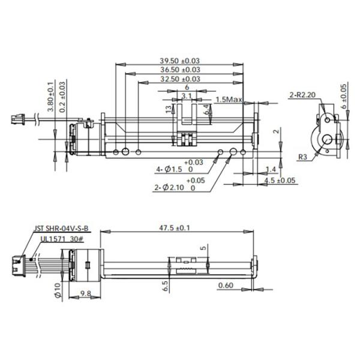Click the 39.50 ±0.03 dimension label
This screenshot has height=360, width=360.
(180, 61)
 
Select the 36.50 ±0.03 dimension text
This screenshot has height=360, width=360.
(180, 70)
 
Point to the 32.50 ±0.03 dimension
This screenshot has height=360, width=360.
(180, 79)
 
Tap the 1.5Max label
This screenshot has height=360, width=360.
(229, 100)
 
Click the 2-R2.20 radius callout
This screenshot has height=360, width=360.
(302, 95)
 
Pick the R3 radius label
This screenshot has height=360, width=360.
(302, 157)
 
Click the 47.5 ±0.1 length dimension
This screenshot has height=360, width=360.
(175, 228)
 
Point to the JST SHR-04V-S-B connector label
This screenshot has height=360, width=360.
(61, 229)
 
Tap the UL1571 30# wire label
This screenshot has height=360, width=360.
(62, 239)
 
